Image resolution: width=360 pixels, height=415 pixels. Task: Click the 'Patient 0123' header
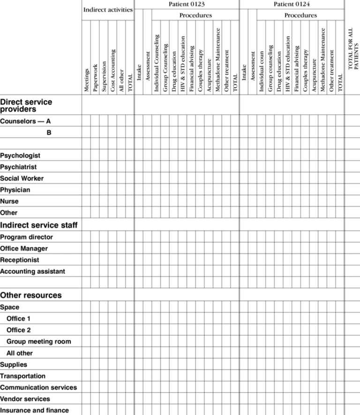tap(187, 4)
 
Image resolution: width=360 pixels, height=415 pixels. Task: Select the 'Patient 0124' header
tap(292, 4)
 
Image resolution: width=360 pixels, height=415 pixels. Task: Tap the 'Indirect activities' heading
tap(108, 10)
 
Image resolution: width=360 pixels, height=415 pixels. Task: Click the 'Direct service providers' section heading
tap(26, 106)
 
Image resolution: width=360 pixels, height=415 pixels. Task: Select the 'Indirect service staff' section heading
tap(39, 225)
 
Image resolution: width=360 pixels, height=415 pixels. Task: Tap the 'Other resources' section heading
tap(31, 295)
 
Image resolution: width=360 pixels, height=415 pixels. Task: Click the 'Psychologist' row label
tap(20, 156)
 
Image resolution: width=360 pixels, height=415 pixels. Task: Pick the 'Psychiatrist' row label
tap(18, 167)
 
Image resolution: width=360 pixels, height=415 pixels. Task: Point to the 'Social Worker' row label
tap(22, 178)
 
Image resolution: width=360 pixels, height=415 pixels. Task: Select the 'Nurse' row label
tap(9, 201)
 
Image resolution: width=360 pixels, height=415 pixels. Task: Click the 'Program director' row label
tap(26, 237)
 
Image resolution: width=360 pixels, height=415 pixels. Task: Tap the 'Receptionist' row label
tap(20, 260)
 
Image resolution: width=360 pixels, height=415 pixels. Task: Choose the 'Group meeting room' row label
tap(39, 341)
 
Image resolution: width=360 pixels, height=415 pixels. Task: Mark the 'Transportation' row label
tap(23, 376)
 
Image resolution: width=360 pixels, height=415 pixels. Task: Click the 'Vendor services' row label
tap(25, 399)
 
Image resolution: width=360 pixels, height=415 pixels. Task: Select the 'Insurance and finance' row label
tap(34, 410)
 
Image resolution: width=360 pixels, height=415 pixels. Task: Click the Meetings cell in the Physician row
tap(86, 190)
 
